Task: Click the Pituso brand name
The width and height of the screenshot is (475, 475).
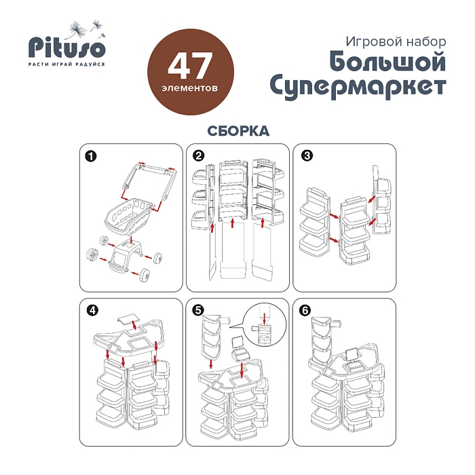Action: click(x=67, y=47)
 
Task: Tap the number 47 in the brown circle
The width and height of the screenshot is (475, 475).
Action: click(x=190, y=66)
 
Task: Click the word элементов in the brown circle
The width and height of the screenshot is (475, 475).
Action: click(x=190, y=88)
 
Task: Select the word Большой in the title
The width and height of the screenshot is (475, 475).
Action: click(x=387, y=62)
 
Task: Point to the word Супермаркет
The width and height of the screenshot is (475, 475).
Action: click(x=358, y=87)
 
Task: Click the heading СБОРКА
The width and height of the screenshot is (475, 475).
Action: click(x=238, y=131)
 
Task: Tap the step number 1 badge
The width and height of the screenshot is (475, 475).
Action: click(x=91, y=157)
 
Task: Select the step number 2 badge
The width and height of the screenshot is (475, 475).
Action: click(x=198, y=156)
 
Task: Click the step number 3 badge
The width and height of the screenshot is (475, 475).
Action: click(x=307, y=155)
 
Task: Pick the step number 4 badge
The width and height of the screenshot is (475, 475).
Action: click(x=92, y=311)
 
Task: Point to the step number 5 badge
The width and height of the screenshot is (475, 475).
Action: click(x=198, y=311)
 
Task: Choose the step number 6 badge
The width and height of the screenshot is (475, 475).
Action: click(x=305, y=311)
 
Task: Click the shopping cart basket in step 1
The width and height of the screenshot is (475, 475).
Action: click(x=128, y=216)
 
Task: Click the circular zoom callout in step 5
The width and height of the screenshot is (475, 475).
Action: click(x=265, y=324)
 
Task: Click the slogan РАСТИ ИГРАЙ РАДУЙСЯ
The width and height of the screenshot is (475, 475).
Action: click(x=66, y=64)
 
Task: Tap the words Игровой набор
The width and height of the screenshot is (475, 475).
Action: click(x=396, y=41)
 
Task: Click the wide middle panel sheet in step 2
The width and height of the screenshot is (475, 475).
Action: click(x=232, y=251)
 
